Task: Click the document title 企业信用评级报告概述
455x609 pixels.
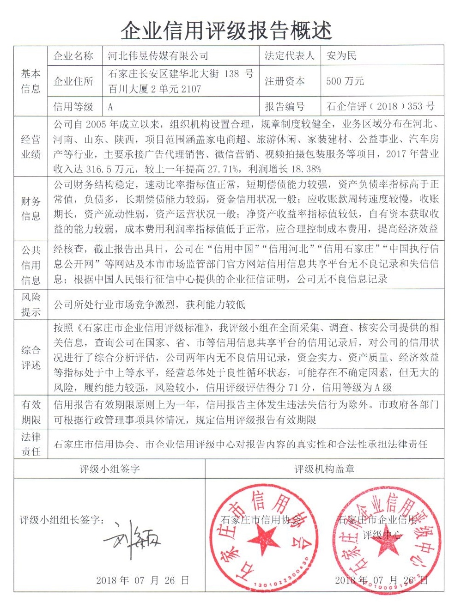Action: pyautogui.click(x=226, y=30)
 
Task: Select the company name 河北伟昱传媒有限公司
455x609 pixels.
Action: pyautogui.click(x=158, y=56)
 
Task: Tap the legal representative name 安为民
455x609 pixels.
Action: pyautogui.click(x=341, y=56)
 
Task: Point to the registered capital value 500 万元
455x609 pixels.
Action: pyautogui.click(x=345, y=81)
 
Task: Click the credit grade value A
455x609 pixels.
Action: pyautogui.click(x=110, y=107)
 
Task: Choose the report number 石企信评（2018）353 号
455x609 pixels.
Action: pyautogui.click(x=380, y=106)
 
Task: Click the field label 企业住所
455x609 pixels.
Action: pyautogui.click(x=73, y=81)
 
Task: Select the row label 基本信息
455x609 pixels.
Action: pyautogui.click(x=30, y=81)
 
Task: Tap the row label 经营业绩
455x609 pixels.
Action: pyautogui.click(x=30, y=147)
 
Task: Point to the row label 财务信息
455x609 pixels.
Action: pyautogui.click(x=30, y=208)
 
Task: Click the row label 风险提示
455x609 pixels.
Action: pyautogui.click(x=30, y=304)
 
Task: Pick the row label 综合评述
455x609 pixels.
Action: pyautogui.click(x=30, y=358)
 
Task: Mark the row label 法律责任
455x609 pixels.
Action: pyautogui.click(x=30, y=444)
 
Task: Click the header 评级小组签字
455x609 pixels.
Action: pyautogui.click(x=109, y=469)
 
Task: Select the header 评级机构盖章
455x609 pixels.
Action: pyautogui.click(x=324, y=469)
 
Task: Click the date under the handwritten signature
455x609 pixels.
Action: pyautogui.click(x=142, y=580)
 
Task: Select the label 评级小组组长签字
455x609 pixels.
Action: pyautogui.click(x=62, y=520)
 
